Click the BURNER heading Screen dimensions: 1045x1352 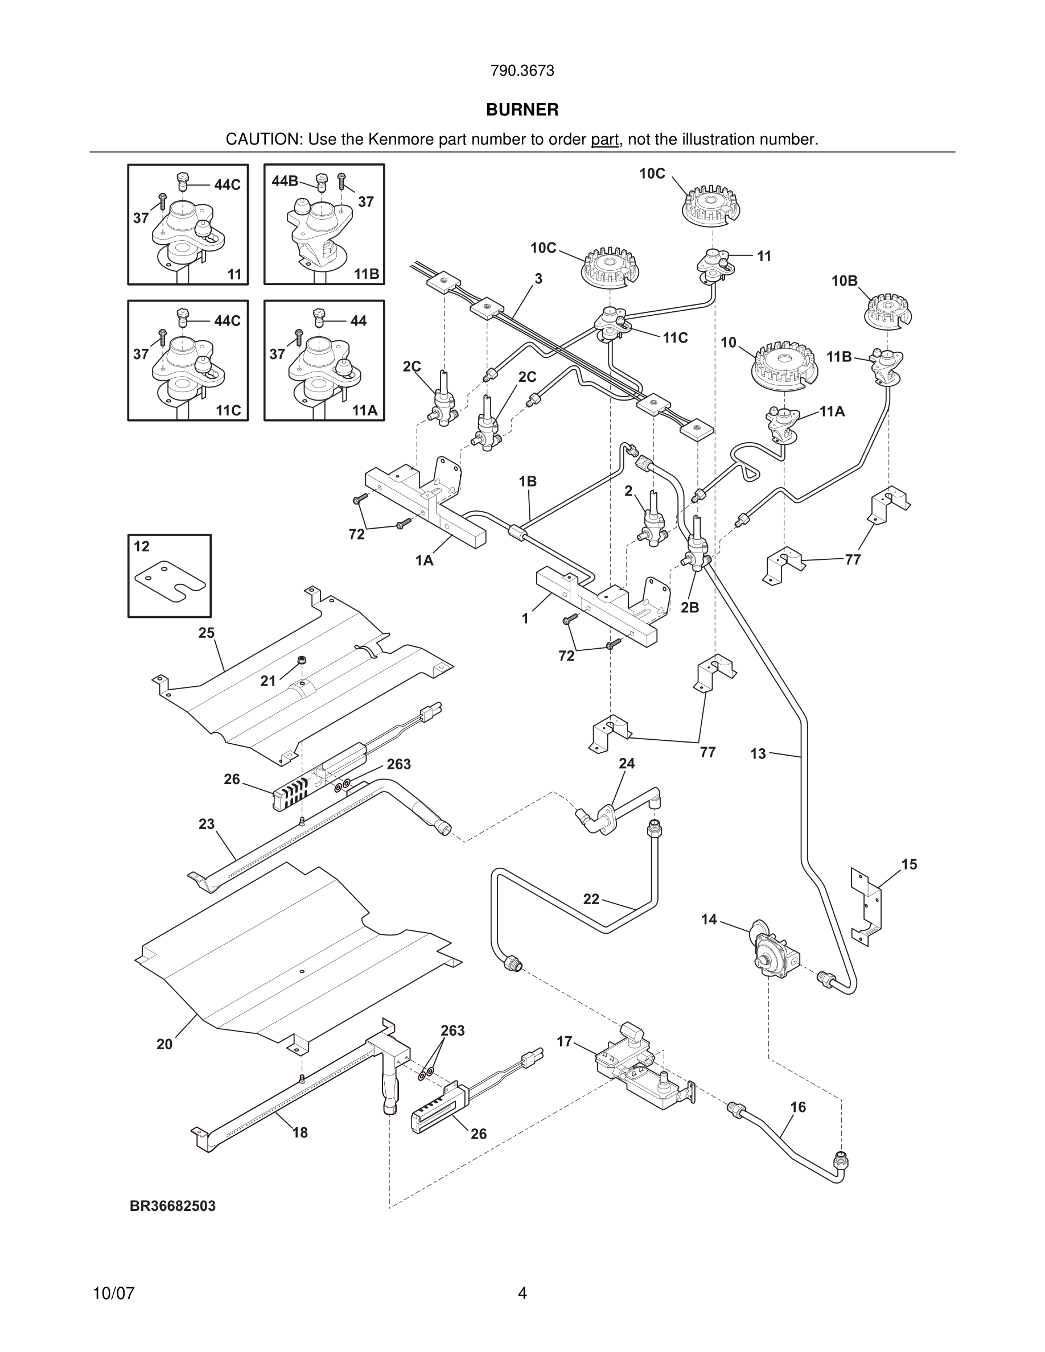click(522, 110)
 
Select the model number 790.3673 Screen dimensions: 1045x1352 click(522, 71)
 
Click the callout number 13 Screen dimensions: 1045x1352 click(758, 754)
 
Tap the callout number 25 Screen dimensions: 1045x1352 click(206, 633)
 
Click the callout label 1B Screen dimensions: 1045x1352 click(528, 481)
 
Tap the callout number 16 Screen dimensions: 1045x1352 click(799, 1107)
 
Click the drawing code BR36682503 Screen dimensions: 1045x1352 click(172, 1206)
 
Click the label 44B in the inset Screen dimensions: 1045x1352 click(285, 181)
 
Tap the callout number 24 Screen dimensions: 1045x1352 click(627, 763)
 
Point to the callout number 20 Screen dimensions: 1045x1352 click(164, 1044)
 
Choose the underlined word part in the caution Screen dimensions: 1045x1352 click(605, 140)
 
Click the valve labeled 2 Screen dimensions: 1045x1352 click(652, 520)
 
